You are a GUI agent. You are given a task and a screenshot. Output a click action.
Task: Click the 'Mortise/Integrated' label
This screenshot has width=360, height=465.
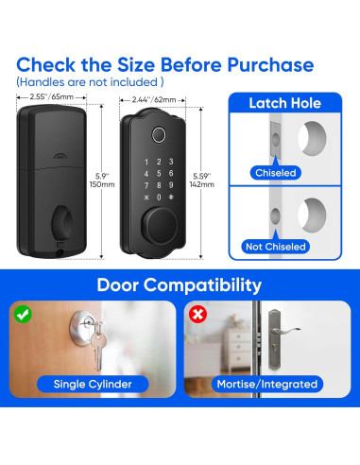[268, 384]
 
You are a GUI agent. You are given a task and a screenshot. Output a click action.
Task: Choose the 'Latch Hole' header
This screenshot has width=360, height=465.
[284, 103]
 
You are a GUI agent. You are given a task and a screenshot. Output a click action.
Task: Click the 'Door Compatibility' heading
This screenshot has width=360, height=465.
[180, 284]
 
